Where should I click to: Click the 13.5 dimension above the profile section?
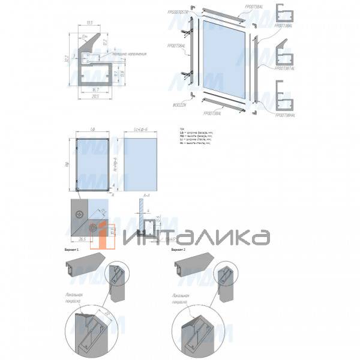coord(90,23)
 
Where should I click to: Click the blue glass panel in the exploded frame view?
coord(224,59)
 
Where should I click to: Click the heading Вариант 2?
coord(179,247)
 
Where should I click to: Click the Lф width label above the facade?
coord(91,130)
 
